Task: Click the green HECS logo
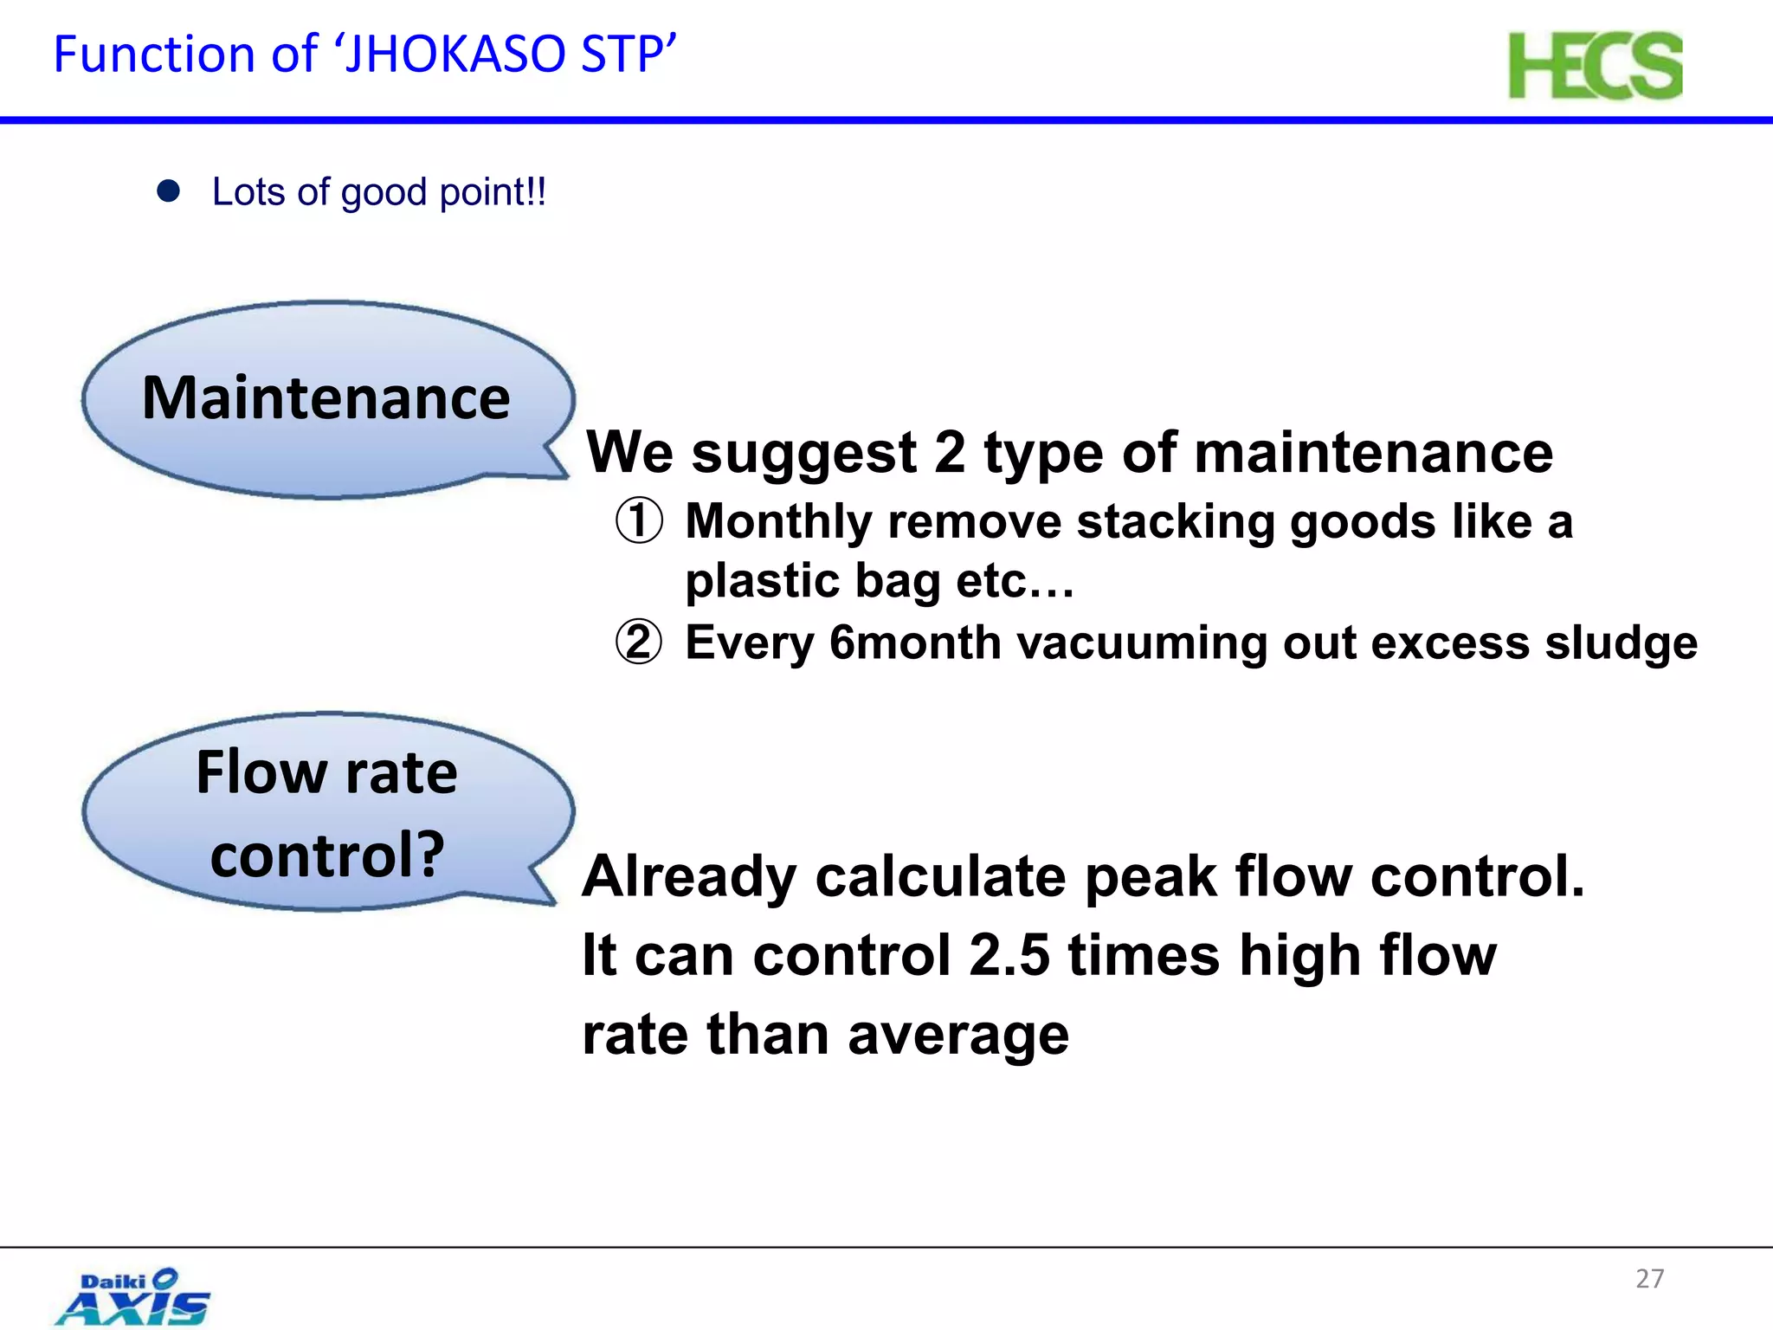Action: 1595,66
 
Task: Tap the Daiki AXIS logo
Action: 134,1297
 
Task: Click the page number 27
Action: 1649,1278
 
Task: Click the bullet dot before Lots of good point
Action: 168,191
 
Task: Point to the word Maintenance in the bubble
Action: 326,398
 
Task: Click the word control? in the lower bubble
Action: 327,855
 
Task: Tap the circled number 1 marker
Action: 639,521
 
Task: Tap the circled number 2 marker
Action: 639,642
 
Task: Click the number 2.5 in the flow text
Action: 1009,956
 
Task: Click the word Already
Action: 689,876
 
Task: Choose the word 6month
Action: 915,642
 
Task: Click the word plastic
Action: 763,580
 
